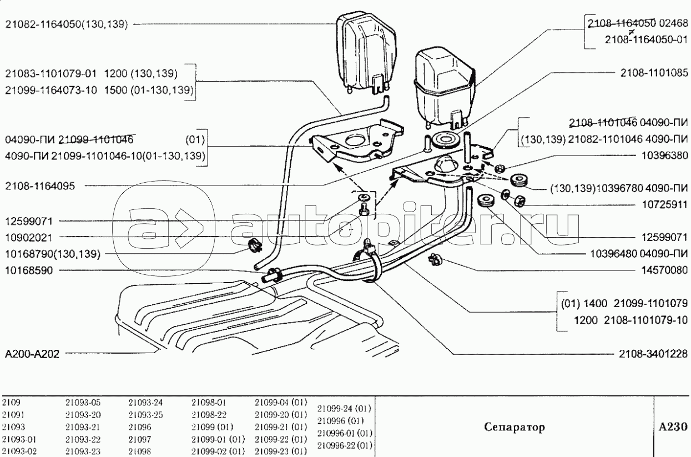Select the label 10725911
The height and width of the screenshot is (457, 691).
point(666,204)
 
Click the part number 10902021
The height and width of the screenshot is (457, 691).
point(28,237)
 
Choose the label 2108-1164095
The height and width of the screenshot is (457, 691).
point(41,187)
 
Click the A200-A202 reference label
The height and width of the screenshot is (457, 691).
point(31,354)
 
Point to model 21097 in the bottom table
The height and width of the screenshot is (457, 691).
point(138,439)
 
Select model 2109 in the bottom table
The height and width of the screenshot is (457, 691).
point(11,402)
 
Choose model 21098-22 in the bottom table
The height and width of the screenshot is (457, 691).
point(206,415)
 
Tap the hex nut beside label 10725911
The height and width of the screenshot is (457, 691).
point(518,200)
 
